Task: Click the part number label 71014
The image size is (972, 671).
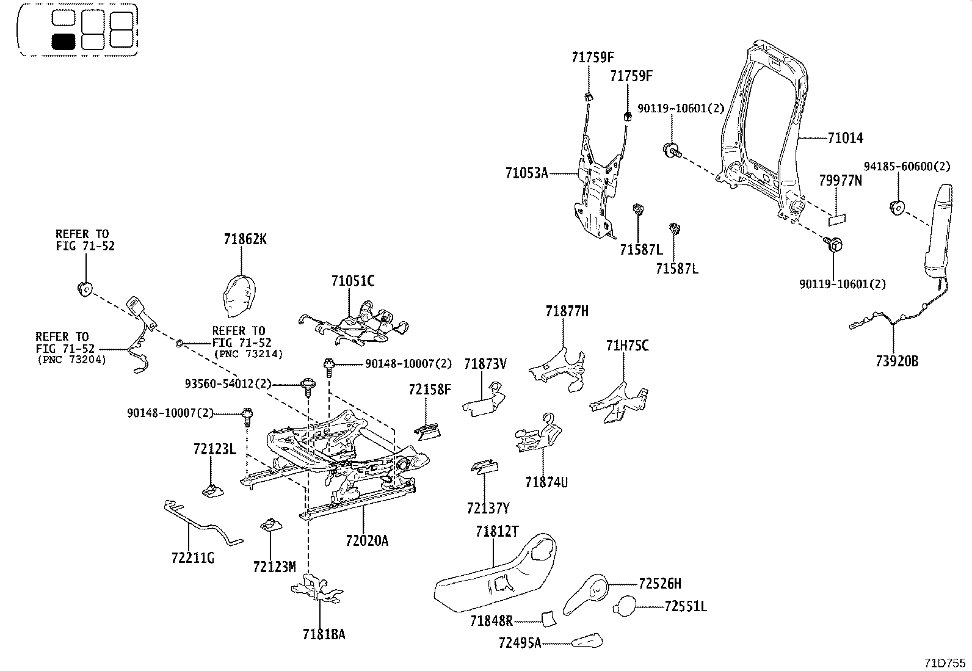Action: point(846,138)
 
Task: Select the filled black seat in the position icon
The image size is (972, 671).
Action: point(63,42)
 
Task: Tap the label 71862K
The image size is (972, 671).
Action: point(245,239)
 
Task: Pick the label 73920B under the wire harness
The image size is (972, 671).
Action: point(896,361)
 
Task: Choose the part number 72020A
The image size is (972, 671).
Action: point(366,540)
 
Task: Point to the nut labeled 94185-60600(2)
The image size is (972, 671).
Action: point(897,208)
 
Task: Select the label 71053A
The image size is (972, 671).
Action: point(526,173)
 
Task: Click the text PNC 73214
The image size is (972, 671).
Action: point(248,354)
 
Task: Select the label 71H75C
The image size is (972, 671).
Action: point(627,346)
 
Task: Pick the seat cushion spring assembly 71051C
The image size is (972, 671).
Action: point(357,321)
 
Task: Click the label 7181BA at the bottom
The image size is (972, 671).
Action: point(323,634)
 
